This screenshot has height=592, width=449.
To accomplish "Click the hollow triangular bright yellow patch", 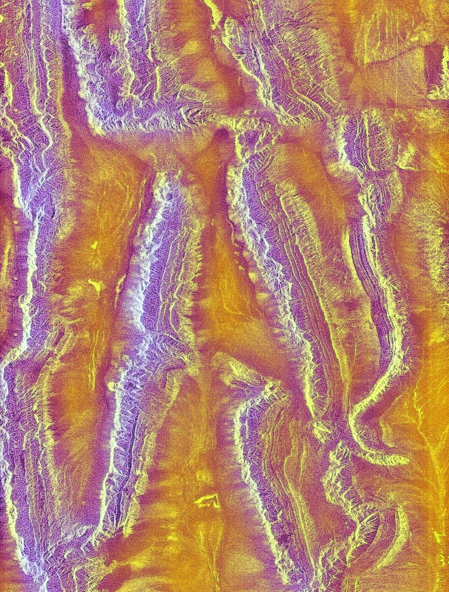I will [206, 500].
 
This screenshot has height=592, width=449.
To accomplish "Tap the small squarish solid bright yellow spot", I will [96, 245].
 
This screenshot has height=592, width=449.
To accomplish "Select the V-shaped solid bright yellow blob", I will [95, 284].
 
